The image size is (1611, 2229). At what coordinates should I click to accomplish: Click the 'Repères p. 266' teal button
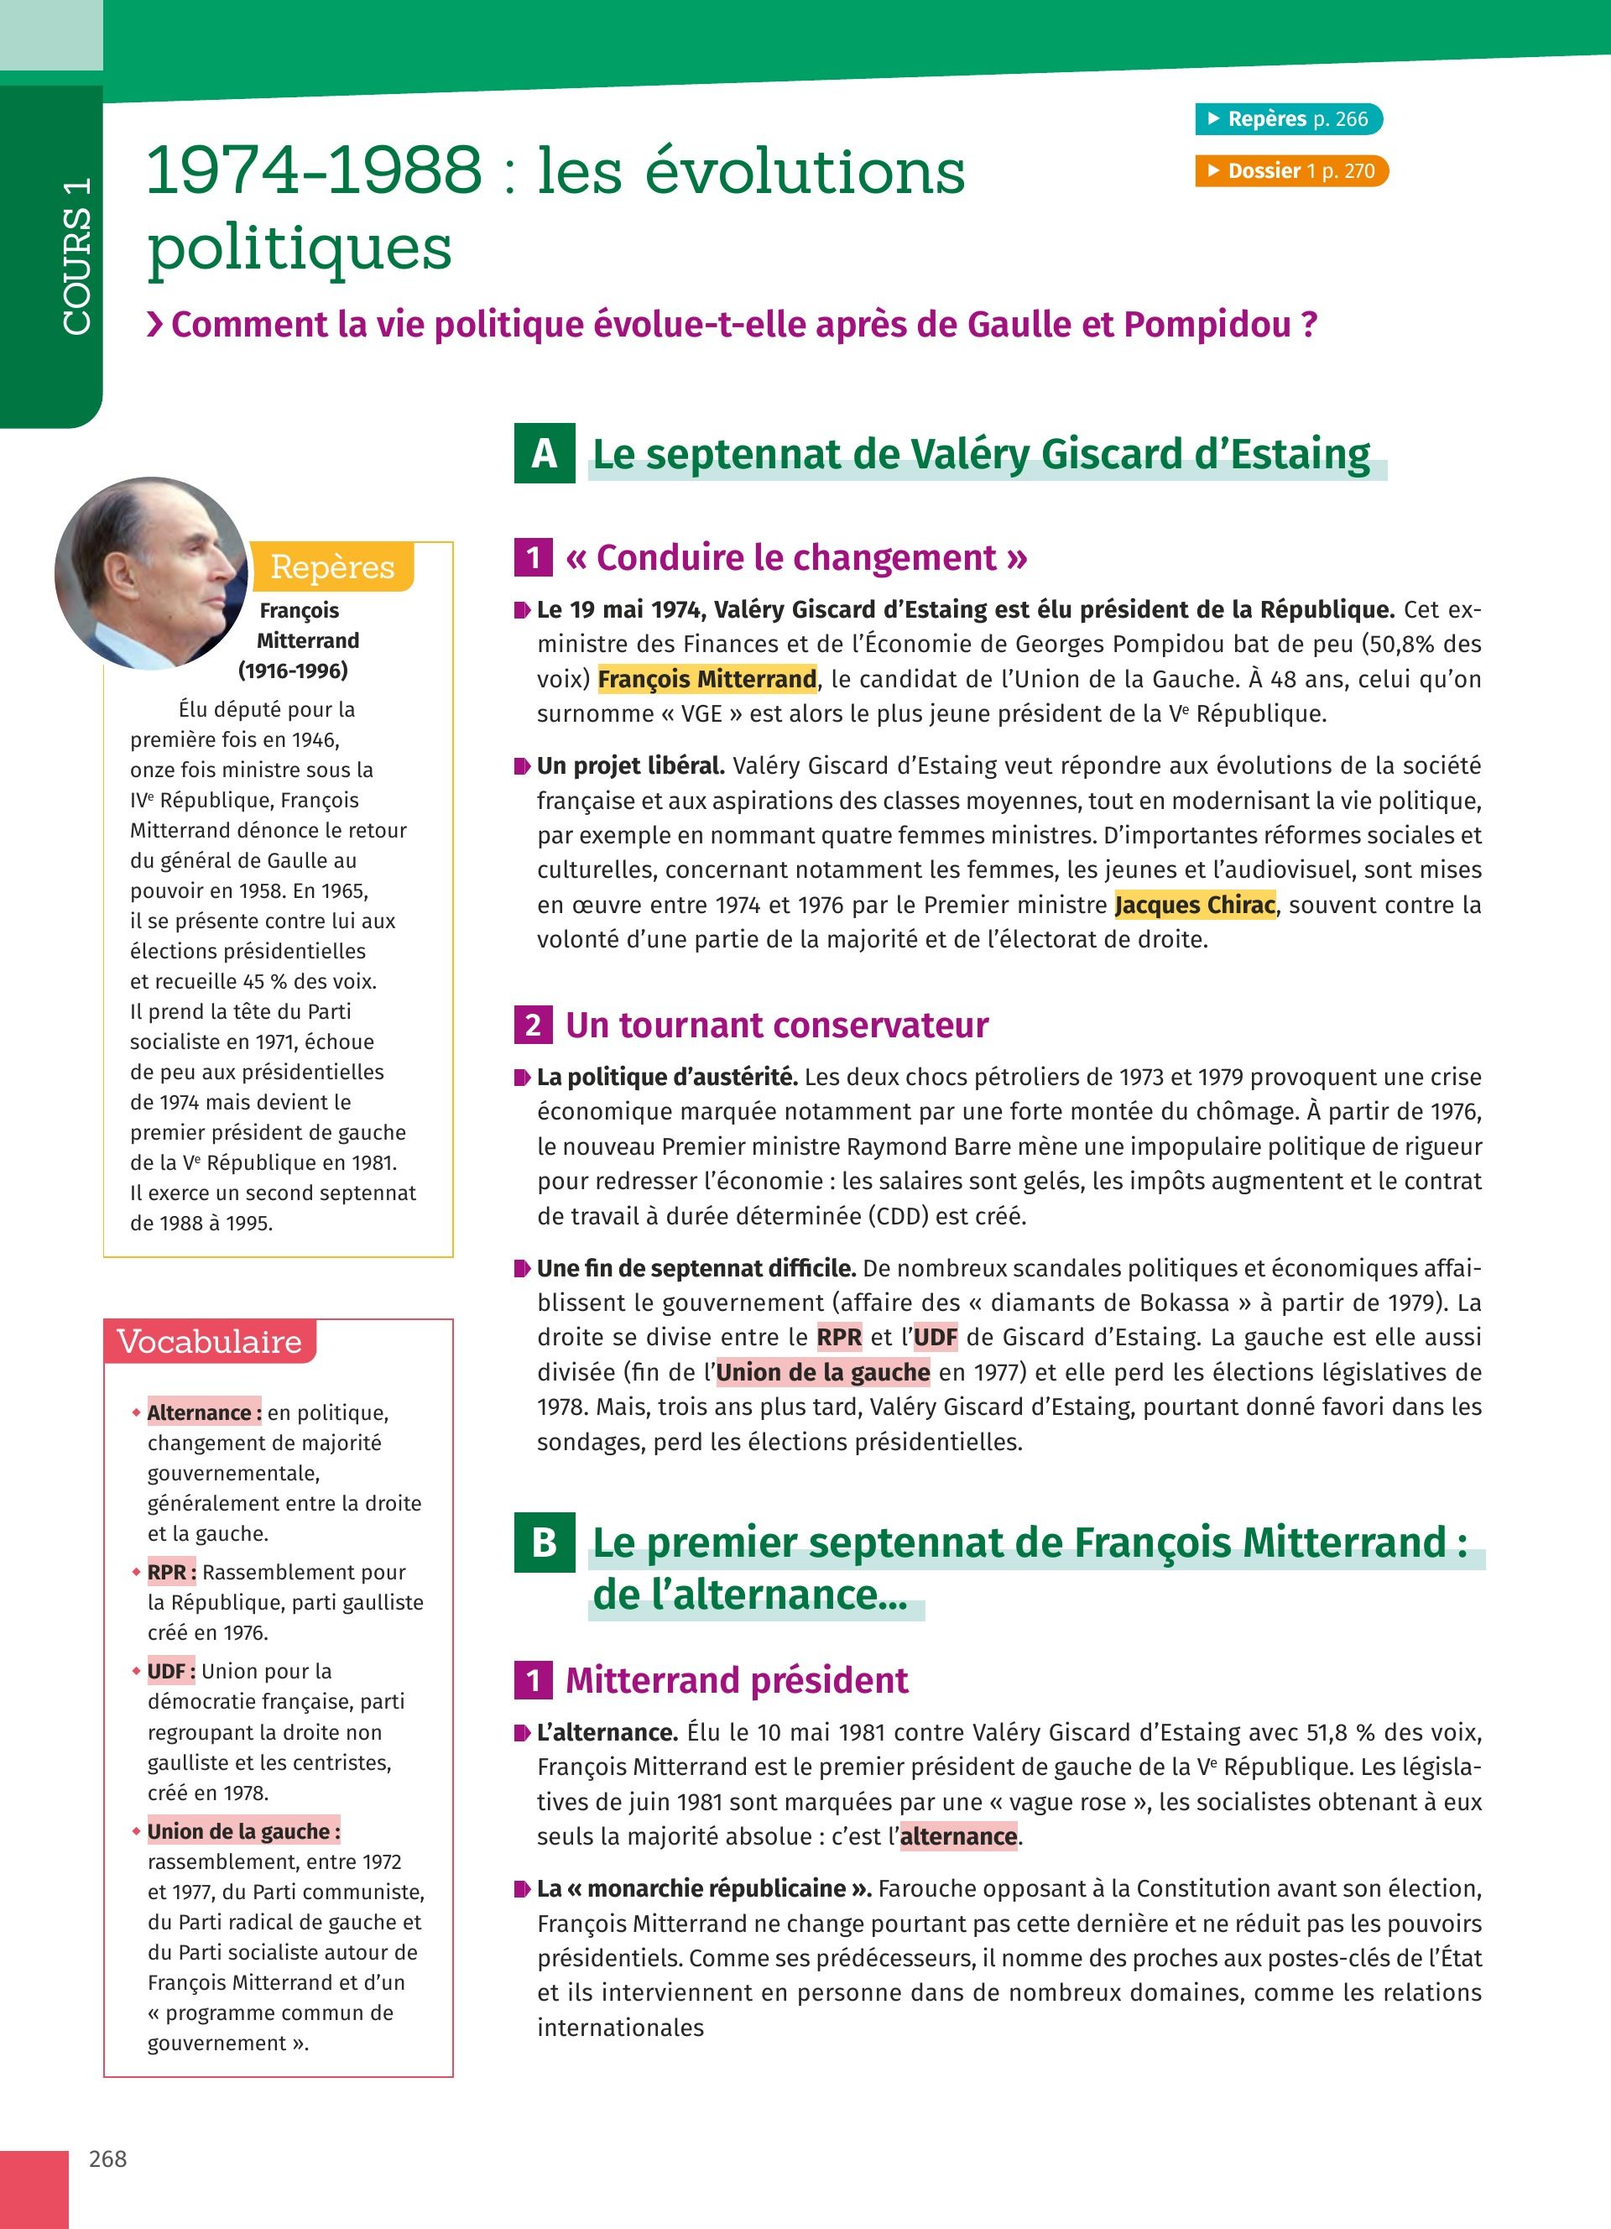1288,119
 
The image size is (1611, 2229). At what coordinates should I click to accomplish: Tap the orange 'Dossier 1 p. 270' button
1290,171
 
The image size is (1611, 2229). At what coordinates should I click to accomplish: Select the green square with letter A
545,454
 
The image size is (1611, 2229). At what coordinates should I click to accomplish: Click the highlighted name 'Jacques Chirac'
1196,904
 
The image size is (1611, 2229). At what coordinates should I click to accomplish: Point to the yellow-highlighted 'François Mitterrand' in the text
707,679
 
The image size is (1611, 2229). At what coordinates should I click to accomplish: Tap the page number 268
108,2159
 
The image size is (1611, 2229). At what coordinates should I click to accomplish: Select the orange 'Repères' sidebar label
332,567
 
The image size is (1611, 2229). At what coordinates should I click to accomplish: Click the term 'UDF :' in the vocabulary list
172,1671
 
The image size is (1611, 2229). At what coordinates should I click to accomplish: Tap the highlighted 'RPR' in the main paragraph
839,1337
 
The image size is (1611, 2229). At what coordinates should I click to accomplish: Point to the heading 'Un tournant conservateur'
777,1025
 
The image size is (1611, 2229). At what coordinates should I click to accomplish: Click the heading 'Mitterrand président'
737,1679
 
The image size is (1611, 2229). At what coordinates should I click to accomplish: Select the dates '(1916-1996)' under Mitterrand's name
293,671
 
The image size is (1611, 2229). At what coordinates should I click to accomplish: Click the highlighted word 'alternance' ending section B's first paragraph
959,1836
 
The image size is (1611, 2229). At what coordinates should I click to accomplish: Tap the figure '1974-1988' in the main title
315,170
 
